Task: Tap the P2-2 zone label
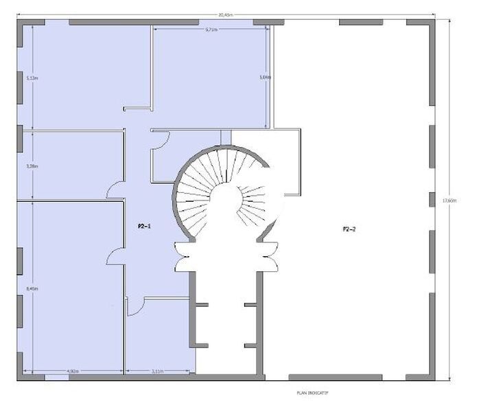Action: coord(349,229)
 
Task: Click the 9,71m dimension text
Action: coord(211,29)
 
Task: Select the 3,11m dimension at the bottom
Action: coord(158,371)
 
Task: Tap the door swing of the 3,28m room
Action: coord(116,189)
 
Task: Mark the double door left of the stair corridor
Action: coord(183,256)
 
